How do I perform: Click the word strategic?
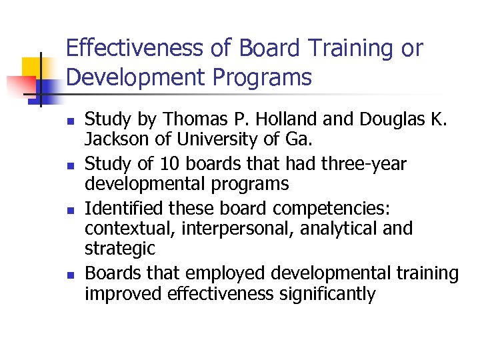[x=119, y=249]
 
